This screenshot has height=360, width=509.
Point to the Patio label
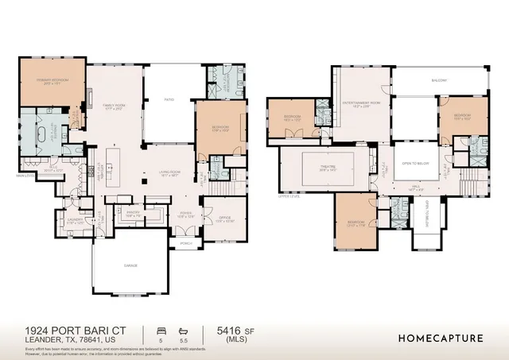(x=169, y=100)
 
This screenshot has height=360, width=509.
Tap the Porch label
(x=186, y=243)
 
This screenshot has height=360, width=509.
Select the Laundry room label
(x=74, y=223)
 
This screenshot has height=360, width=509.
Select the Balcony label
(x=439, y=80)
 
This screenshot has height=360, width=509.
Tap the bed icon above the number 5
(x=161, y=329)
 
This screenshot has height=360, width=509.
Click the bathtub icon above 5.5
(x=183, y=329)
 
